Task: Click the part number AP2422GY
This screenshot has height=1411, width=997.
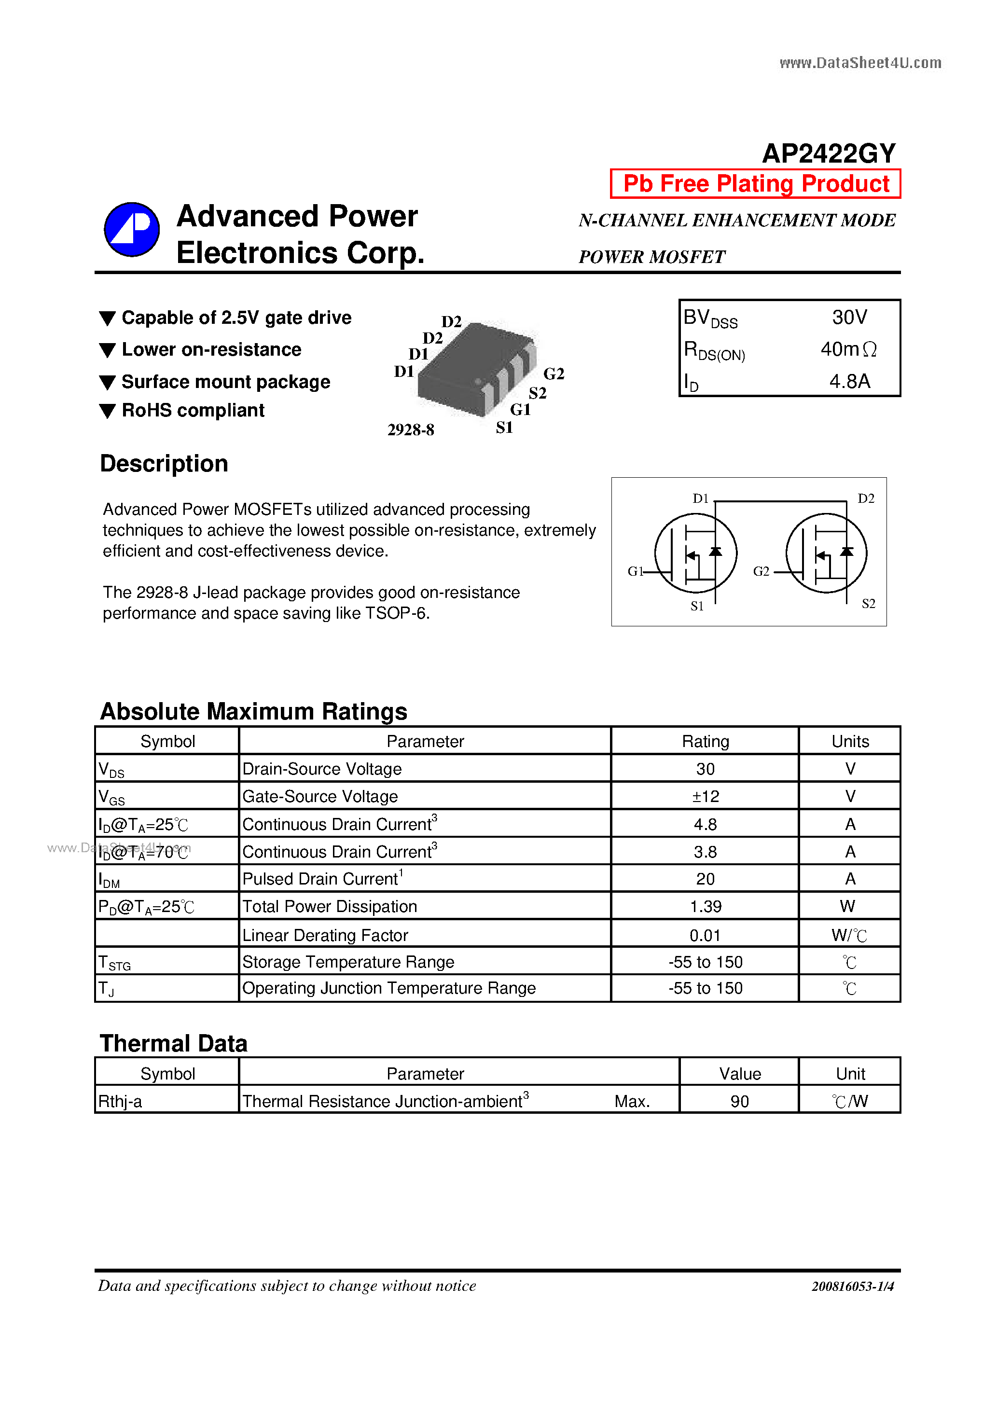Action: [x=828, y=153]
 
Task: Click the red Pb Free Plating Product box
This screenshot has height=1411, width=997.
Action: [x=755, y=184]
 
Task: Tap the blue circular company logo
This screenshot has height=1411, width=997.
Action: [x=132, y=229]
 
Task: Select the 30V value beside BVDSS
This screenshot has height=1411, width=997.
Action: [x=849, y=317]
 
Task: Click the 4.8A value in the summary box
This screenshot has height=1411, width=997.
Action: [x=849, y=381]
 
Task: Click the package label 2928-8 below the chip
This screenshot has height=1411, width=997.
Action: [x=411, y=429]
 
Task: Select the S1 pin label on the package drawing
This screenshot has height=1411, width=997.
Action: [x=504, y=427]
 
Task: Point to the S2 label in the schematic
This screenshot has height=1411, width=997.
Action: [x=868, y=604]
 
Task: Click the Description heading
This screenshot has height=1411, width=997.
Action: [x=164, y=463]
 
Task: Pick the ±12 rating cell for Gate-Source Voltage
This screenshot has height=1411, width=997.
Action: [x=705, y=796]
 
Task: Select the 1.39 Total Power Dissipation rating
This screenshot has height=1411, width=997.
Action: [x=705, y=906]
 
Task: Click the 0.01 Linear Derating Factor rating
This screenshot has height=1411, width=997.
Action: [x=705, y=935]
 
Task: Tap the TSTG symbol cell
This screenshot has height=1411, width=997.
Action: [x=115, y=962]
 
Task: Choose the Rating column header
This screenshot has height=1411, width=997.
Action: [x=705, y=741]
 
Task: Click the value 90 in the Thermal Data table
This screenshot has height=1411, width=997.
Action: [x=739, y=1101]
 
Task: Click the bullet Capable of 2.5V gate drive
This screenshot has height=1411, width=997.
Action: [x=236, y=318]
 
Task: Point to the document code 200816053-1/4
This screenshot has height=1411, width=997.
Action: [x=853, y=1286]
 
